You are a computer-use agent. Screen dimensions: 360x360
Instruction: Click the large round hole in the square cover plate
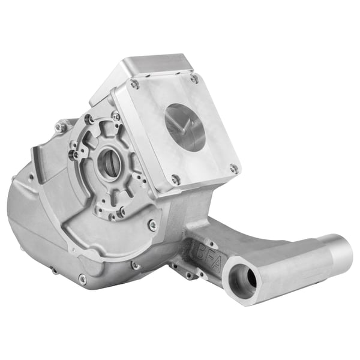pyautogui.click(x=185, y=127)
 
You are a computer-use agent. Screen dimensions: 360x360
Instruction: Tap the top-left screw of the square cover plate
pyautogui.click(x=135, y=85)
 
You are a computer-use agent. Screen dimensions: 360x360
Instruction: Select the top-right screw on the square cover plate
pyautogui.click(x=194, y=79)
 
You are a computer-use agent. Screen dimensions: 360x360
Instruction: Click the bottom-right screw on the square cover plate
pyautogui.click(x=233, y=169)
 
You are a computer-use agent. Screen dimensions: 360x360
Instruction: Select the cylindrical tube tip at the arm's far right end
pyautogui.click(x=339, y=251)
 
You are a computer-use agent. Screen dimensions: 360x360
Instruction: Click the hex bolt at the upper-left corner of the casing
pyautogui.click(x=60, y=127)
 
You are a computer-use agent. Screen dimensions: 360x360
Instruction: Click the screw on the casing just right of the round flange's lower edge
pyautogui.click(x=152, y=225)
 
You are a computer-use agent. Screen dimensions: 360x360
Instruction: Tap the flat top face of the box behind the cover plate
pyautogui.click(x=157, y=65)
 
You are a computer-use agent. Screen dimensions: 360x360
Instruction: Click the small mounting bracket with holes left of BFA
pyautogui.click(x=181, y=268)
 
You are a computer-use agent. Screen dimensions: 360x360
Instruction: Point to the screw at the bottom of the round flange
pyautogui.click(x=121, y=211)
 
